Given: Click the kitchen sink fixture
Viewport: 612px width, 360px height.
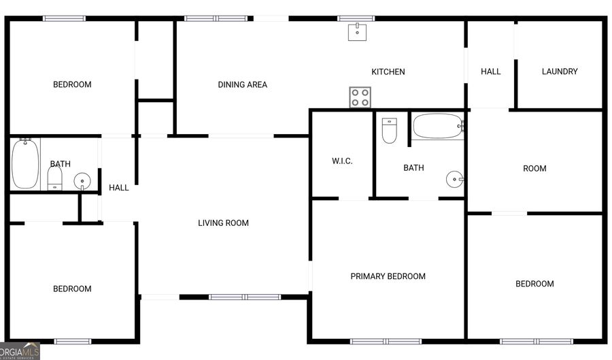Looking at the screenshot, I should pyautogui.click(x=358, y=32).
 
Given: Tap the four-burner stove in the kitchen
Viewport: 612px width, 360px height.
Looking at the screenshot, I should pyautogui.click(x=360, y=97).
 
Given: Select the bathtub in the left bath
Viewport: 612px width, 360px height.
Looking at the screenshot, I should pyautogui.click(x=25, y=163).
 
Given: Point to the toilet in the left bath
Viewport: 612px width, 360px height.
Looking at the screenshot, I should pyautogui.click(x=55, y=179).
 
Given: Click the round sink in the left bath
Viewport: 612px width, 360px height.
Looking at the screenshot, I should pyautogui.click(x=82, y=181).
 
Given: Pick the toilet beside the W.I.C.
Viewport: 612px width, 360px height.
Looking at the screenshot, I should pyautogui.click(x=389, y=131).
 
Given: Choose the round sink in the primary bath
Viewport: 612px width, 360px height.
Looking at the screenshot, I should pyautogui.click(x=455, y=180).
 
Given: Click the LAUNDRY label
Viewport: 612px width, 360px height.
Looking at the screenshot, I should pyautogui.click(x=560, y=71).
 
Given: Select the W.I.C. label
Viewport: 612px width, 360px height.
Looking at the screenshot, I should pyautogui.click(x=342, y=161).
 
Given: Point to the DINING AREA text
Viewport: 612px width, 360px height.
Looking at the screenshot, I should pyautogui.click(x=242, y=85).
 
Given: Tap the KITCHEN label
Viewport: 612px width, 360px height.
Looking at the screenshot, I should pyautogui.click(x=388, y=71).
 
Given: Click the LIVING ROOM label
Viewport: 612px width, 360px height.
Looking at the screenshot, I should pyautogui.click(x=223, y=223).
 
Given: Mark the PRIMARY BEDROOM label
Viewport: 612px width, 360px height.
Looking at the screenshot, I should pyautogui.click(x=388, y=276).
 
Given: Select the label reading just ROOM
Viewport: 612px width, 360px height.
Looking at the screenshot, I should pyautogui.click(x=534, y=169).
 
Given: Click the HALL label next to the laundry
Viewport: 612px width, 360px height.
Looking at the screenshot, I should pyautogui.click(x=490, y=71).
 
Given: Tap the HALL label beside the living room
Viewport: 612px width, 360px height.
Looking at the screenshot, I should pyautogui.click(x=119, y=188).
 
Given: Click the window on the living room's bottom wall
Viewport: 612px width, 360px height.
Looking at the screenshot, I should pyautogui.click(x=245, y=297).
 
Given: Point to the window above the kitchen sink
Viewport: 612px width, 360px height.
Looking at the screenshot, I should pyautogui.click(x=356, y=18).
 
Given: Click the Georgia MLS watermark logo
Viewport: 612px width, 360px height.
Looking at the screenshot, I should pyautogui.click(x=20, y=351).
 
